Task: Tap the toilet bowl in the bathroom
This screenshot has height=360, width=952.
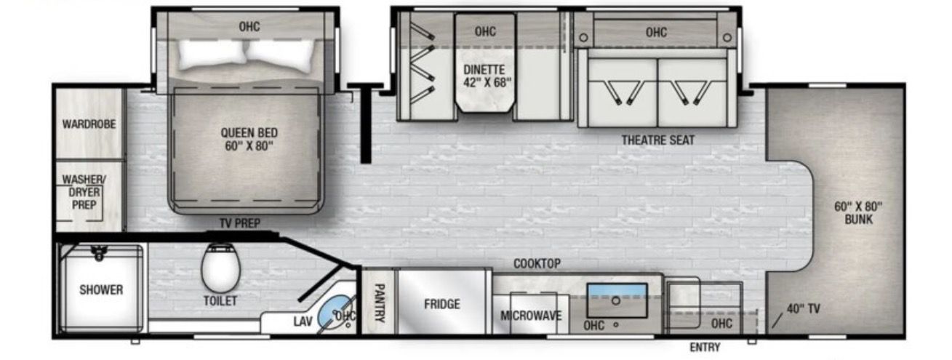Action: click(220, 268)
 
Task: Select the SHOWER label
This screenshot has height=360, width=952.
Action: click(101, 290)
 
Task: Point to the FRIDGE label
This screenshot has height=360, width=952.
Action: click(442, 304)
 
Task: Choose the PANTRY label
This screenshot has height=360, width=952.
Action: click(379, 303)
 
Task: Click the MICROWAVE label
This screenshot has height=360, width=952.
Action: click(531, 316)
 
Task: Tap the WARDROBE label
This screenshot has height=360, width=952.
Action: click(89, 124)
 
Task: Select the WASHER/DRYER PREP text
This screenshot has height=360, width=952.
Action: click(84, 192)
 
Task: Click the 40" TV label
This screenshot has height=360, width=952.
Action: click(803, 309)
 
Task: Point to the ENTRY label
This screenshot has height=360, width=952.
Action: click(705, 347)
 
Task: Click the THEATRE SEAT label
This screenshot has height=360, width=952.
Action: click(658, 140)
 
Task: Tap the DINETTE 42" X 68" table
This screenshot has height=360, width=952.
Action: click(485, 63)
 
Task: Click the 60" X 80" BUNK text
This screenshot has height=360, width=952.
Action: click(858, 213)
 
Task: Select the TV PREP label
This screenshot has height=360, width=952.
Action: click(240, 223)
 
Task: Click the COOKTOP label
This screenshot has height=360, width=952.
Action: click(537, 263)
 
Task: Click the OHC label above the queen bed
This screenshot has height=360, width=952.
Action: click(249, 27)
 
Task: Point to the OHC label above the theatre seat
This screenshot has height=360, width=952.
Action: click(656, 32)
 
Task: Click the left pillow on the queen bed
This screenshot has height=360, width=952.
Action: click(211, 55)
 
